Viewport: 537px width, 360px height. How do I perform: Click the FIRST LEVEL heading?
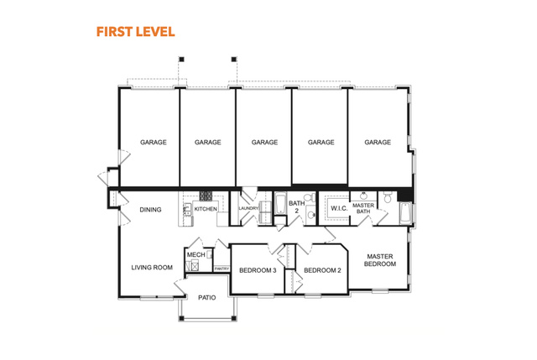136,32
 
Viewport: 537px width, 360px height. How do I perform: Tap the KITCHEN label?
206,209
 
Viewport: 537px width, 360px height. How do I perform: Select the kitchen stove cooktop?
206,196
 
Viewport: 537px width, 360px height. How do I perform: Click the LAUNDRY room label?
248,208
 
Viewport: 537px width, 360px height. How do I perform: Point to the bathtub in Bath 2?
280,203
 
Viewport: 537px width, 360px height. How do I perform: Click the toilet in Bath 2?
310,197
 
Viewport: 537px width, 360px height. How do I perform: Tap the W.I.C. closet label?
339,208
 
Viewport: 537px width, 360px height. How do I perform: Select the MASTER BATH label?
363,208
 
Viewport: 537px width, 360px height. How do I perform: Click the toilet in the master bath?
388,197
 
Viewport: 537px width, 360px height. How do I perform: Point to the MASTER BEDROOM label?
380,260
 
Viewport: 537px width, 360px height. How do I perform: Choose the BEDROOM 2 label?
322,270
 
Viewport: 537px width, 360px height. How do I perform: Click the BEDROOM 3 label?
258,270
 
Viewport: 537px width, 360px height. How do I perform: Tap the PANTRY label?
222,269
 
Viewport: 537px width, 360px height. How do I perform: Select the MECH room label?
196,255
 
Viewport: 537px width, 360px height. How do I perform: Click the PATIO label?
207,298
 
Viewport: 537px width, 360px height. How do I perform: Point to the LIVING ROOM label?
152,268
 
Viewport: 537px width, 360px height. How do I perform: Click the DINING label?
150,210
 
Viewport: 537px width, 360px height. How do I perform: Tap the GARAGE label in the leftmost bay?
153,142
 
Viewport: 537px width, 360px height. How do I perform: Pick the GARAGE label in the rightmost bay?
378,142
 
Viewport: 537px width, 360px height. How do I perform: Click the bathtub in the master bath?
405,213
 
